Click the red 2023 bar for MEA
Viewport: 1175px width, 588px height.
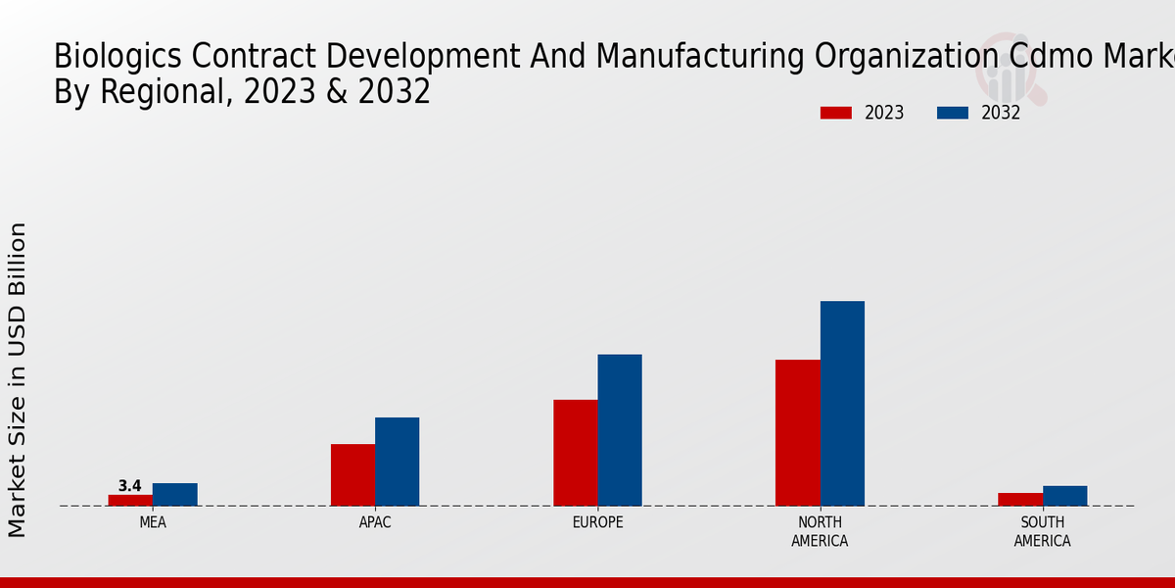(130, 500)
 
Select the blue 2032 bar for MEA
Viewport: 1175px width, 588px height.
(174, 494)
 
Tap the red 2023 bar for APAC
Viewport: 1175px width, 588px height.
(352, 474)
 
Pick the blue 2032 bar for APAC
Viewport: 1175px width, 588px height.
(397, 462)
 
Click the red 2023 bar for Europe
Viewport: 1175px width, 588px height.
(575, 452)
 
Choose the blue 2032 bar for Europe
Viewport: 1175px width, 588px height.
(620, 429)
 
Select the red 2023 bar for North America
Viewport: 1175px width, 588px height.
(797, 432)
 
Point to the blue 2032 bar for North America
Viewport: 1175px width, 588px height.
(842, 403)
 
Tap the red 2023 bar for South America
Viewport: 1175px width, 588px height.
(1020, 499)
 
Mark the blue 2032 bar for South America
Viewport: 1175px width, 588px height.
(1064, 496)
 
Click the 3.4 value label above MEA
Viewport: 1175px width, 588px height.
(129, 486)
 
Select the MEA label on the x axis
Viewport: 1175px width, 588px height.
(153, 522)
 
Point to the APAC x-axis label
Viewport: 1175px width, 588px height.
(375, 522)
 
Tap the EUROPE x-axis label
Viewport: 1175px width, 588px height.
(597, 522)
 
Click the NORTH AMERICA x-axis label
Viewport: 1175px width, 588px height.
(821, 531)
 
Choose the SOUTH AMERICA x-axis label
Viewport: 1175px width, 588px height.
(1043, 531)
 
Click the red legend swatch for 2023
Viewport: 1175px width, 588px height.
(836, 113)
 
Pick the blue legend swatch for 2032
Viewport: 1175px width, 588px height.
(953, 113)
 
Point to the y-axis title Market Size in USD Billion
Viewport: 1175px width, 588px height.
(18, 379)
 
